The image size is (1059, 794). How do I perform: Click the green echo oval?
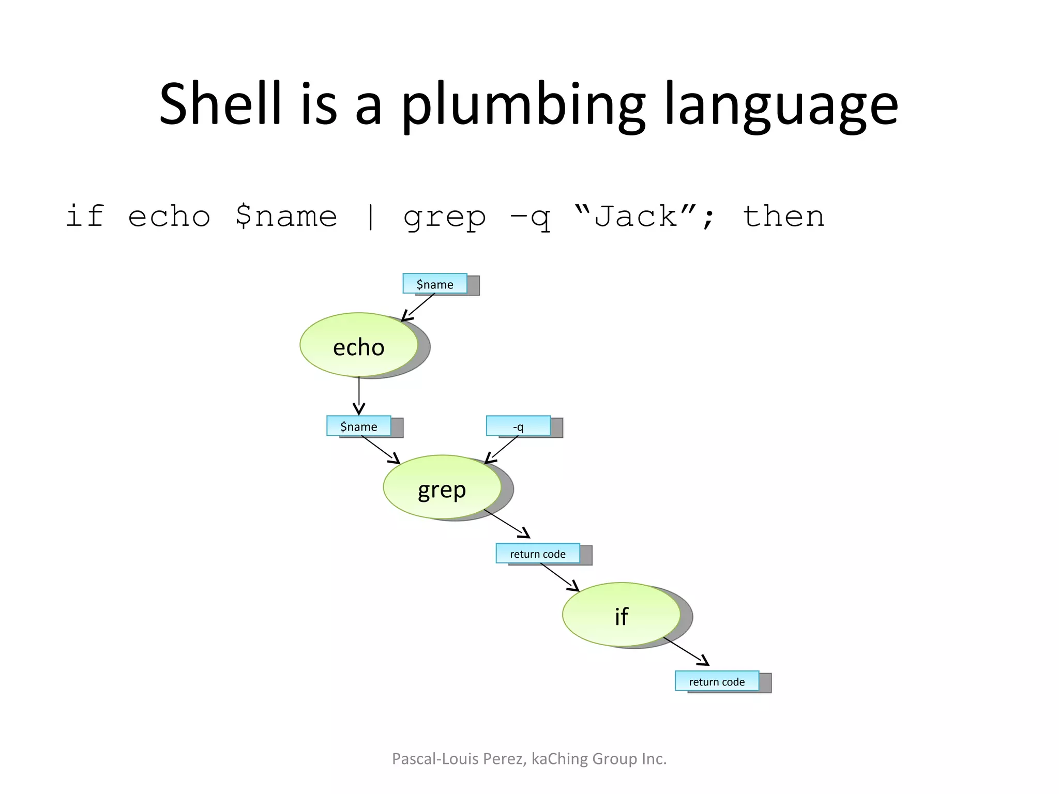coord(358,345)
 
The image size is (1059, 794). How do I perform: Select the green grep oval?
coord(442,487)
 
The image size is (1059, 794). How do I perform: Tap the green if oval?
coord(621,615)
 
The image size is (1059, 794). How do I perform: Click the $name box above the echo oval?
coord(435,284)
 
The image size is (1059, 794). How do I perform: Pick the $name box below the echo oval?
coord(358,426)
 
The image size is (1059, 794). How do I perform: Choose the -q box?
coord(518,426)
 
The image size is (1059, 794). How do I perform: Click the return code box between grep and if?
coord(538,554)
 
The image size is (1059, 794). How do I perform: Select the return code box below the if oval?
coord(717,681)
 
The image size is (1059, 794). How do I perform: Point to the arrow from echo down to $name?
coord(359,395)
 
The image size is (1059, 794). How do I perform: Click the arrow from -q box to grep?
coord(501,449)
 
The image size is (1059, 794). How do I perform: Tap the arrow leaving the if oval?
coord(686,651)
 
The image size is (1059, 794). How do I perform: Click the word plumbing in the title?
coord(523,106)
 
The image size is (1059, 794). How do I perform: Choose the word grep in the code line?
coord(445,217)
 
